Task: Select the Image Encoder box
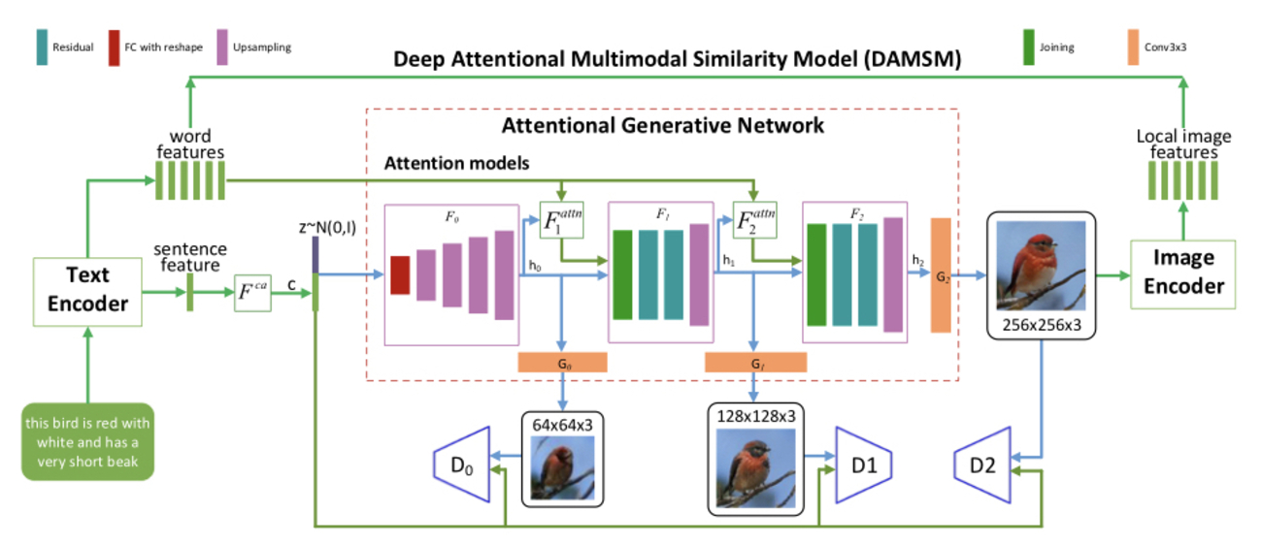click(x=1183, y=273)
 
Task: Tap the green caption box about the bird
click(x=87, y=441)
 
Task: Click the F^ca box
click(x=254, y=291)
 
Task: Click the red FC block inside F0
click(x=400, y=274)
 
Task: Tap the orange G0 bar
click(x=562, y=363)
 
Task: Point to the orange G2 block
click(x=941, y=275)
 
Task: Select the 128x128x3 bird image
click(x=755, y=467)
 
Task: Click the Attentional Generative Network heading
click(x=662, y=125)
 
